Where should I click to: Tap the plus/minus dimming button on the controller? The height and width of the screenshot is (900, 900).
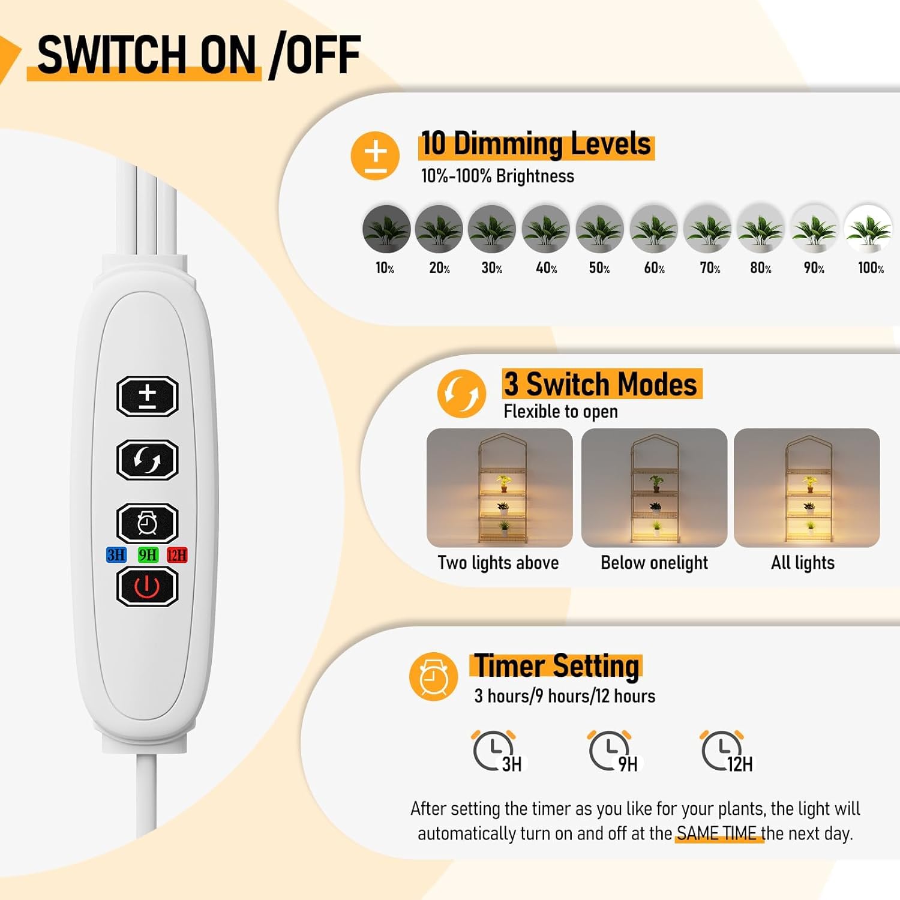147,396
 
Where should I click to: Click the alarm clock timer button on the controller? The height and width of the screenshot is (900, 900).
147,523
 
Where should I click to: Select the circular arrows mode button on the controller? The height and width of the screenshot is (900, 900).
147,460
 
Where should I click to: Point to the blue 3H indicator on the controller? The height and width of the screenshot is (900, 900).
116,555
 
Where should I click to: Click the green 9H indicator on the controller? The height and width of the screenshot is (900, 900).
148,555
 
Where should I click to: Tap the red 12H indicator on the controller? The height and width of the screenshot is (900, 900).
177,555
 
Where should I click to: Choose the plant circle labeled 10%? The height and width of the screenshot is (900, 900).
386,229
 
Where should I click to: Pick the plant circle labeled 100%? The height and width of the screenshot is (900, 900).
868,229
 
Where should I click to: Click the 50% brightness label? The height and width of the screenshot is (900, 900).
599,268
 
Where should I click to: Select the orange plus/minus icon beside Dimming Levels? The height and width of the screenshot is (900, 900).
375,155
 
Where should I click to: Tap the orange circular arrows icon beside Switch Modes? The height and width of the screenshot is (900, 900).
461,394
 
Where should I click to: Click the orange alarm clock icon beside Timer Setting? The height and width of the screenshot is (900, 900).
433,677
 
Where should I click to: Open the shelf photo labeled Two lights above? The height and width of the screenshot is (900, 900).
499,487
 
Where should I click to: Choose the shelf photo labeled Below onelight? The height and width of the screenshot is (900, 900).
654,487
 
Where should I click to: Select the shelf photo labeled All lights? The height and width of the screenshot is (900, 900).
807,487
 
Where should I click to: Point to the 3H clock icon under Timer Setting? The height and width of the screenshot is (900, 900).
496,751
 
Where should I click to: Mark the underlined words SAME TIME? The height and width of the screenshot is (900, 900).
717,833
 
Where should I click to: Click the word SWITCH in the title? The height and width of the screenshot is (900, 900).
112,55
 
